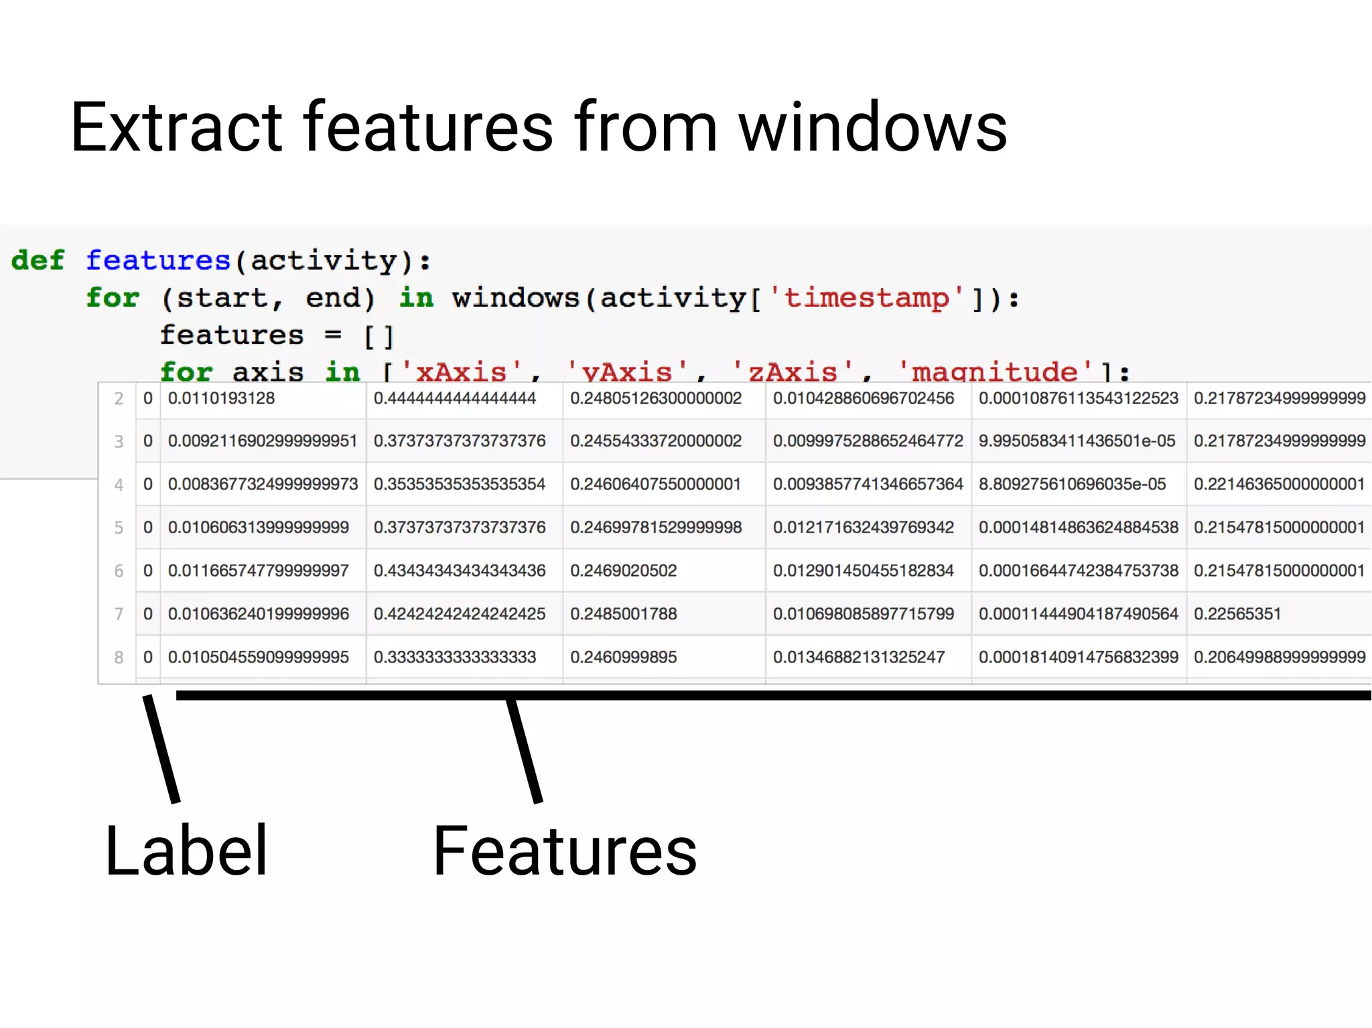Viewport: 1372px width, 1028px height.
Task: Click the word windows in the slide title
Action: pos(872,127)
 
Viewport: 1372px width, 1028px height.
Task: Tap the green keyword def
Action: pos(38,260)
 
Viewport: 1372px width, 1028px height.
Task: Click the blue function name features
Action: pos(158,260)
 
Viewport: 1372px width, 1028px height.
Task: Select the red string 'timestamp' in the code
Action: pos(867,297)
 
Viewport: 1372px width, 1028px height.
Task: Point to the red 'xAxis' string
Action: pos(461,370)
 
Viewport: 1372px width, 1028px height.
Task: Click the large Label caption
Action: pos(186,851)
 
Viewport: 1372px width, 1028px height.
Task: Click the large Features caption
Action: pos(565,851)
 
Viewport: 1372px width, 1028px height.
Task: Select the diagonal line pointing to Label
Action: pos(161,749)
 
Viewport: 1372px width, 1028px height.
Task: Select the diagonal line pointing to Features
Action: pos(524,749)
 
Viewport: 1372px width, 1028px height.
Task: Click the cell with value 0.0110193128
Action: pos(221,398)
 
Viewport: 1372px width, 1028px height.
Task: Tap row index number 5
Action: pos(119,528)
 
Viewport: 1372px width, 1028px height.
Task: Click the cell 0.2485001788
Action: pos(623,613)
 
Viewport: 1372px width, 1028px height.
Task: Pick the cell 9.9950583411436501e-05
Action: pos(1077,441)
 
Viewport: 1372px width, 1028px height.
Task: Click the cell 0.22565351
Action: pos(1237,613)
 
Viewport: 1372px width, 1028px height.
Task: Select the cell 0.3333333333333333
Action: pos(454,657)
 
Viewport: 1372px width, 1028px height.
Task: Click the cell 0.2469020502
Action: pos(623,571)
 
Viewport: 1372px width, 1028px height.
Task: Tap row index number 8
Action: pos(119,658)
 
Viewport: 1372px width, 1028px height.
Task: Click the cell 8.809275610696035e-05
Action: pos(1072,484)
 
